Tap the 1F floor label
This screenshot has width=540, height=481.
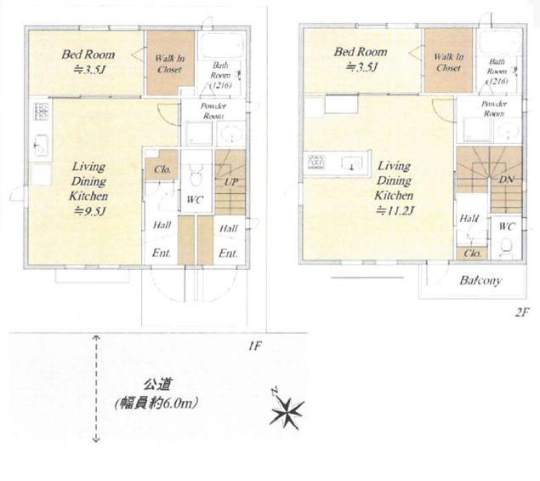click(x=255, y=346)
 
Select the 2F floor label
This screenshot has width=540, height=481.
click(x=521, y=312)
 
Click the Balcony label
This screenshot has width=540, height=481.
click(x=480, y=280)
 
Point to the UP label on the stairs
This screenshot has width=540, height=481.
click(x=231, y=181)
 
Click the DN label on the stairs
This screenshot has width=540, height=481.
click(x=507, y=180)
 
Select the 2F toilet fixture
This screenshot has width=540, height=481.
click(x=506, y=247)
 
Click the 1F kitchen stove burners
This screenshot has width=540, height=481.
click(x=41, y=111)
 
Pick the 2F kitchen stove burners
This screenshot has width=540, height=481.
click(x=316, y=162)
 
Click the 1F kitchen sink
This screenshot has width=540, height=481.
click(x=41, y=146)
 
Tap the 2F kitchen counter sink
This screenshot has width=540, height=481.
click(x=351, y=163)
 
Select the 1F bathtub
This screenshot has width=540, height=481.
click(x=222, y=46)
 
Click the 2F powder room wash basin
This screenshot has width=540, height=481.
click(x=508, y=132)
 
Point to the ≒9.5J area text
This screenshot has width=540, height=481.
click(x=89, y=210)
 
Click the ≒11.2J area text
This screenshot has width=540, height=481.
click(x=395, y=210)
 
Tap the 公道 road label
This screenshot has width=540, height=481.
click(x=157, y=384)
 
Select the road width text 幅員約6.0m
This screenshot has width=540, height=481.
click(x=156, y=403)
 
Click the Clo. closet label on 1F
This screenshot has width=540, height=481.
click(x=162, y=169)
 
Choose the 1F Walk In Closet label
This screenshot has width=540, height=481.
click(x=170, y=64)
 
